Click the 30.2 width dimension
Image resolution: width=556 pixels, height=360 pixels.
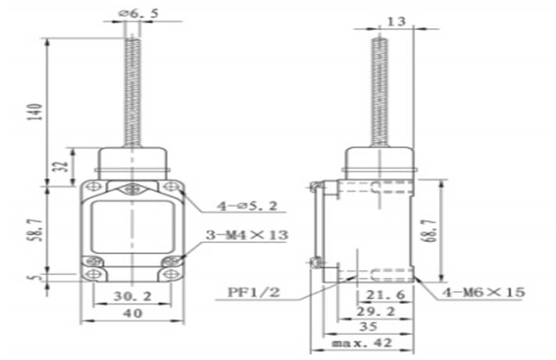(132, 297)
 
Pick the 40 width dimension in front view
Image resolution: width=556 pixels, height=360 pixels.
(132, 314)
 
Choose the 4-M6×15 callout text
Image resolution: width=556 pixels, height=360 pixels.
(483, 292)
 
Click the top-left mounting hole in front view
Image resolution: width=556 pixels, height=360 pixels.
(93, 187)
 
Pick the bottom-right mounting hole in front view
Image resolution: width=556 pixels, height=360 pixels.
(171, 275)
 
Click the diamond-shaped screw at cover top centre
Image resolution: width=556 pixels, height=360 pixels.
(132, 188)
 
